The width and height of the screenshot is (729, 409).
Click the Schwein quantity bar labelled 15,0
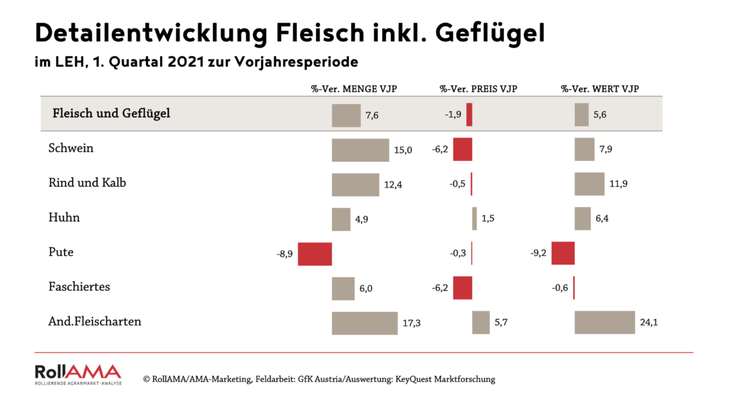coord(360,150)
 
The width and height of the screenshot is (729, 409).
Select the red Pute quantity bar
coord(315,254)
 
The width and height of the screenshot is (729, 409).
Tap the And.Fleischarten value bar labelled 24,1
coord(604,322)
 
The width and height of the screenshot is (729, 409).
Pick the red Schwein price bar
coord(463,150)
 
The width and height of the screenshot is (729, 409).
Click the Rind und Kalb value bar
coord(589,184)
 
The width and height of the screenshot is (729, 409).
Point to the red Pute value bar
coord(563,254)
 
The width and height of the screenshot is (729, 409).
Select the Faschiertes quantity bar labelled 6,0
coord(343,289)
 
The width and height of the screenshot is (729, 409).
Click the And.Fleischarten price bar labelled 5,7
coord(481,322)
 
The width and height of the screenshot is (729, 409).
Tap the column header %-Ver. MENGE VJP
coord(354,89)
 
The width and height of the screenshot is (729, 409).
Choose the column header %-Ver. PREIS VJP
coord(478,89)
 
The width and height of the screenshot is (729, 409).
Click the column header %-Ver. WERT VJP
coord(599,89)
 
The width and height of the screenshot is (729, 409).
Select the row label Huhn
coord(64,218)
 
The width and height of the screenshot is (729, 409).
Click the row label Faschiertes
coord(78,287)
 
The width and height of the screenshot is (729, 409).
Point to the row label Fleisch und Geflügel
coord(112,113)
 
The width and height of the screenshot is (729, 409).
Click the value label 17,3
coord(411,323)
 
